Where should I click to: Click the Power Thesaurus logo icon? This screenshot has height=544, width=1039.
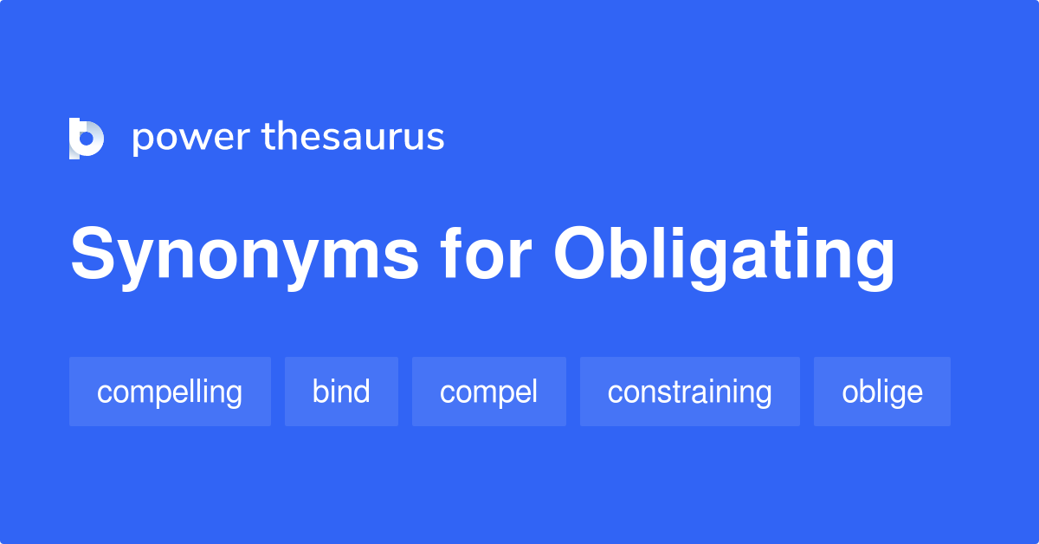87,139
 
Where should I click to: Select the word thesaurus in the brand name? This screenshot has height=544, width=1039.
353,137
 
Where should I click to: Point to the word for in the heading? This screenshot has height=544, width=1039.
486,256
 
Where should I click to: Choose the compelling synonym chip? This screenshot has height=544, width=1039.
170,392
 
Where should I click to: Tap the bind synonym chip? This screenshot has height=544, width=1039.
341,392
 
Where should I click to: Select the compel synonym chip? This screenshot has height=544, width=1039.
488,392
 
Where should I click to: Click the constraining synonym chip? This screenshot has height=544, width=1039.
689,392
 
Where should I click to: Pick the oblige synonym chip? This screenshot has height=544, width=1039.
881,392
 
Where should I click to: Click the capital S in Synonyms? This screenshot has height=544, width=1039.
93,256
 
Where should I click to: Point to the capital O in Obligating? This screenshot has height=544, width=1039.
582,256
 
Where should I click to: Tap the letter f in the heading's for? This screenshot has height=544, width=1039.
450,255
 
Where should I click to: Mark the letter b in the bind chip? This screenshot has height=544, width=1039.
319,392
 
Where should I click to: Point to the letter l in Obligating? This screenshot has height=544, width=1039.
661,255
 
